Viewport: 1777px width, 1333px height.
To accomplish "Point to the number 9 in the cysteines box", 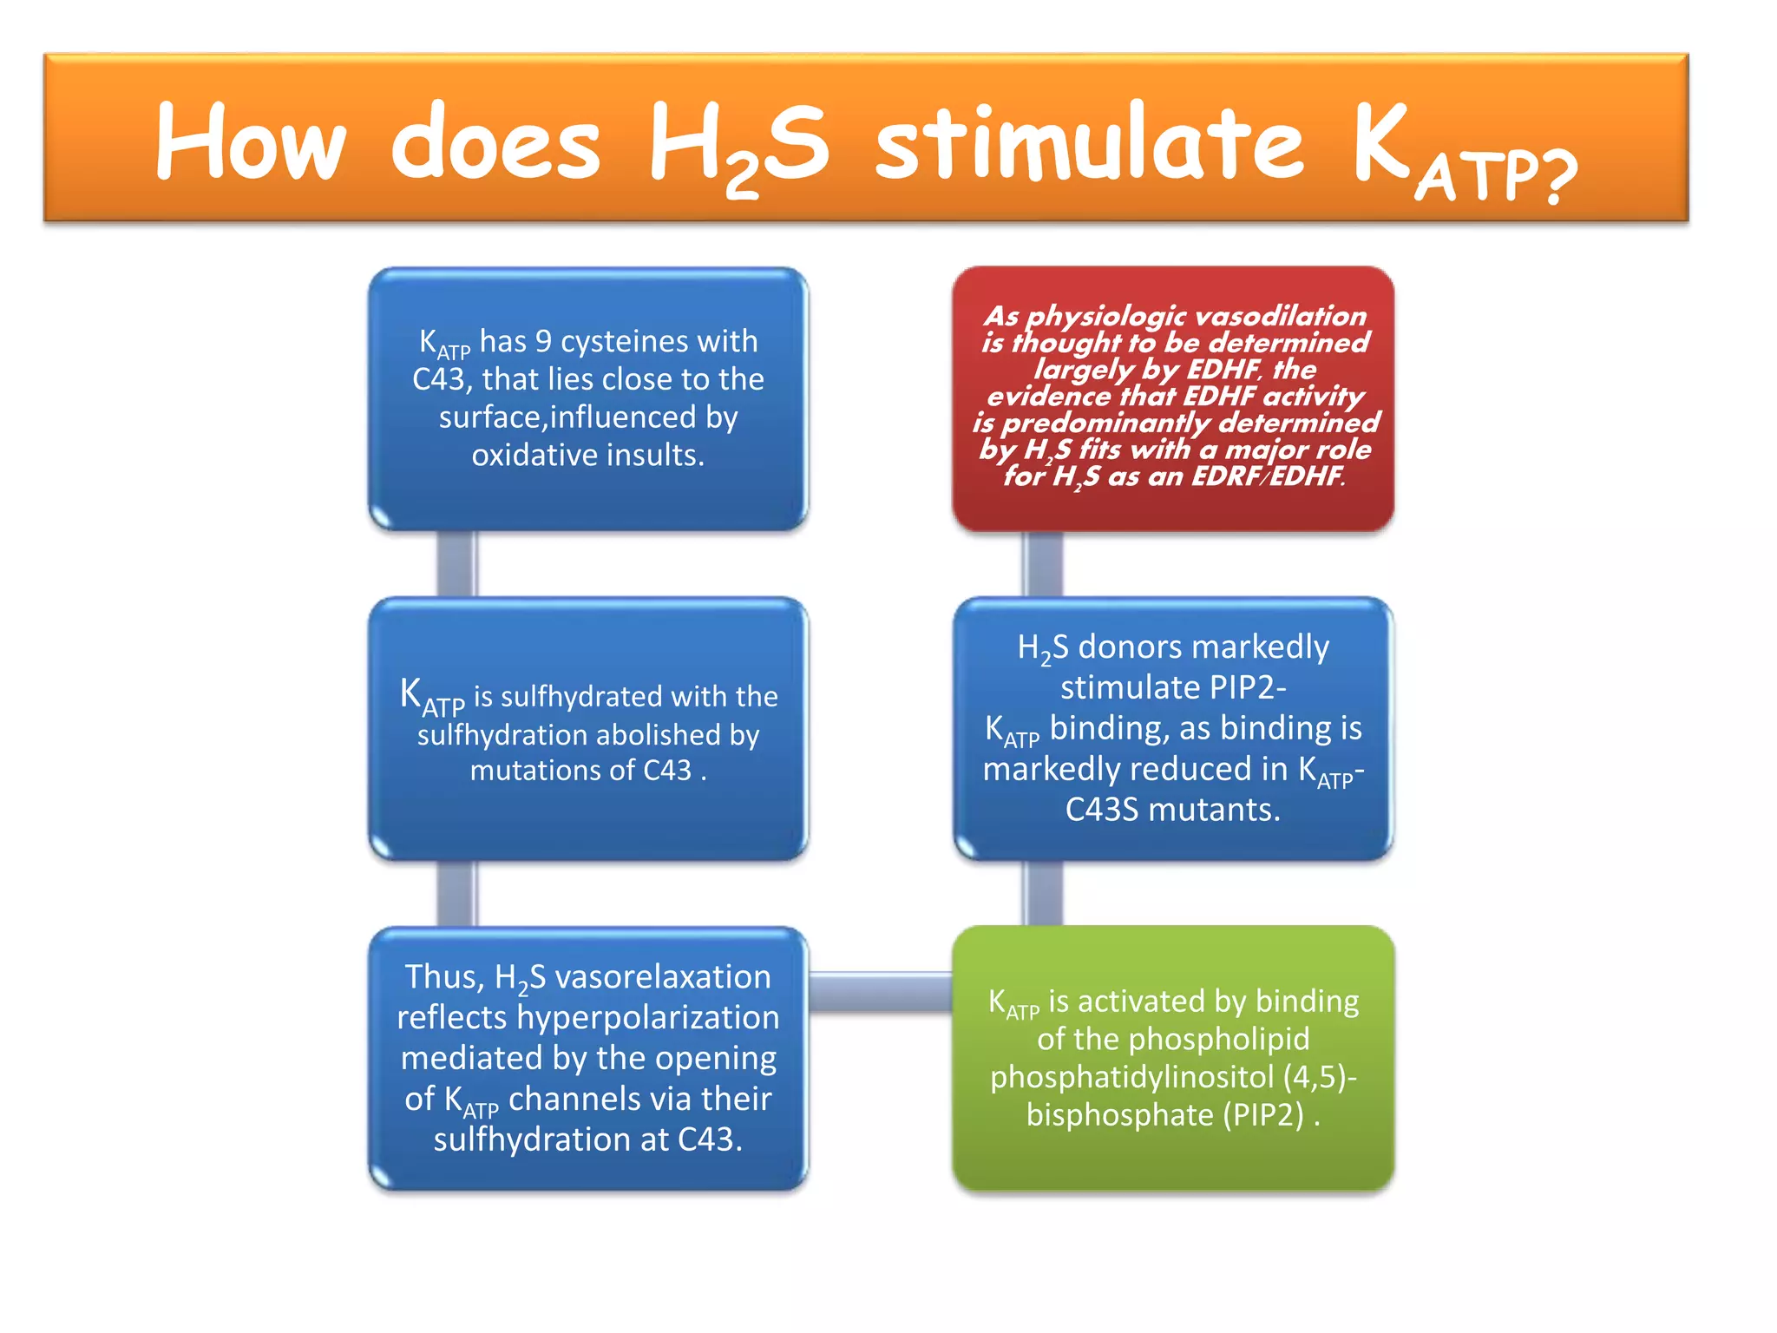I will coord(543,341).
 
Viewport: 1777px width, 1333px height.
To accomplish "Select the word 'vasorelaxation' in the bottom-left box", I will coord(663,977).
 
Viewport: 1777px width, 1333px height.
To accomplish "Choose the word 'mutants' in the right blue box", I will coord(1214,810).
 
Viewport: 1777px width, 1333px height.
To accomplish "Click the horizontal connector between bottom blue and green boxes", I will coord(880,992).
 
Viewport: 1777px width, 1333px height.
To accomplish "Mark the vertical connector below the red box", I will coord(1042,564).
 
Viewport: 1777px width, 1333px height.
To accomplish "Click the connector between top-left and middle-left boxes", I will coord(456,564).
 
